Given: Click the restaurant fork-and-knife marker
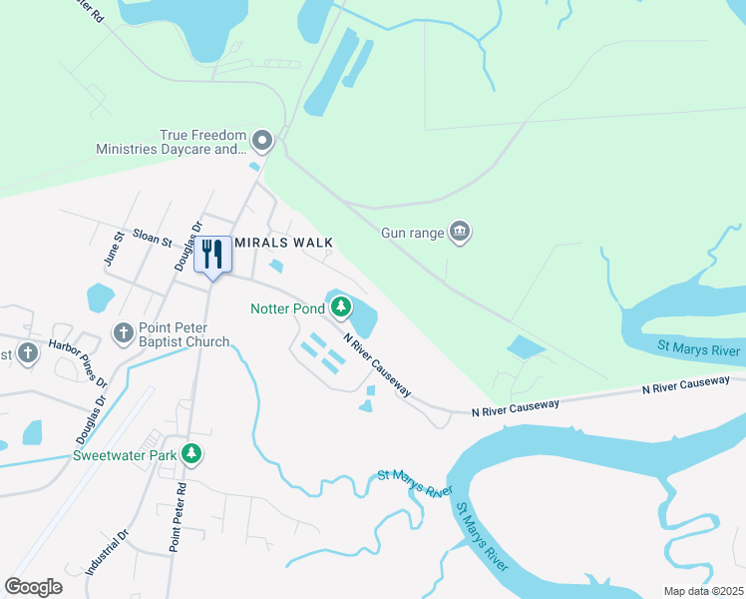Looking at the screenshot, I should pos(211,254).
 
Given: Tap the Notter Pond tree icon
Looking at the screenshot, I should pos(341,306).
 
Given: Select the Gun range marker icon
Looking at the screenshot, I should pos(459,233).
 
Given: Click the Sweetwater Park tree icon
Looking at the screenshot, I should pos(191,455).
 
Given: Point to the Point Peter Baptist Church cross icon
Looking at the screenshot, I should pos(123,331).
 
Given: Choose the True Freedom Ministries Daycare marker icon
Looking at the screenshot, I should pos(262,139).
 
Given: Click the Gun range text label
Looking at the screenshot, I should pos(412,233).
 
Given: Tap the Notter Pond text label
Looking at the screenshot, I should pos(287,308).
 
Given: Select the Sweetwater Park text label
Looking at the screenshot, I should pos(124,456).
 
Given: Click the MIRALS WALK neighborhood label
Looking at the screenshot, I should pos(283,243).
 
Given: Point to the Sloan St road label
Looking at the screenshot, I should pos(153,242).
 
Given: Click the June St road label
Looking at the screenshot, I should pos(113,249).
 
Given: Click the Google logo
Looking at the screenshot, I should pos(33,587).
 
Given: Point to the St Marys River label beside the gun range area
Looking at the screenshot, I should pos(699,350).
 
